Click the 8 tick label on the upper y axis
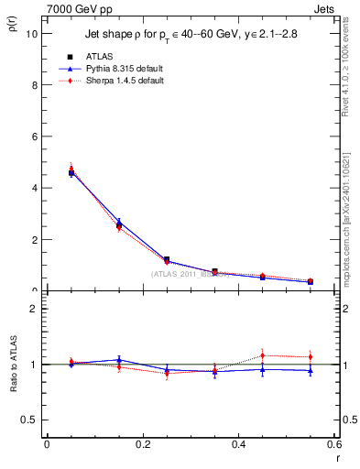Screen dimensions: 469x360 tap(34, 84)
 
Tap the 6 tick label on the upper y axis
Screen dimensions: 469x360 tap(34, 136)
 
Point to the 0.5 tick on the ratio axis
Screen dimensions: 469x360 tap(29, 420)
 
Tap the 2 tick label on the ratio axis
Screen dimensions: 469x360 tap(34, 309)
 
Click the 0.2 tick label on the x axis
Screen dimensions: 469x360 tap(142, 444)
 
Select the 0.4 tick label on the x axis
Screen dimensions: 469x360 tap(238, 444)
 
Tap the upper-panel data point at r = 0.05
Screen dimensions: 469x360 tap(71, 172)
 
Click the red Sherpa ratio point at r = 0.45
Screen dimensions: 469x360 tap(263, 355)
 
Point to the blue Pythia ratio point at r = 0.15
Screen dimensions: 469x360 tap(119, 360)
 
